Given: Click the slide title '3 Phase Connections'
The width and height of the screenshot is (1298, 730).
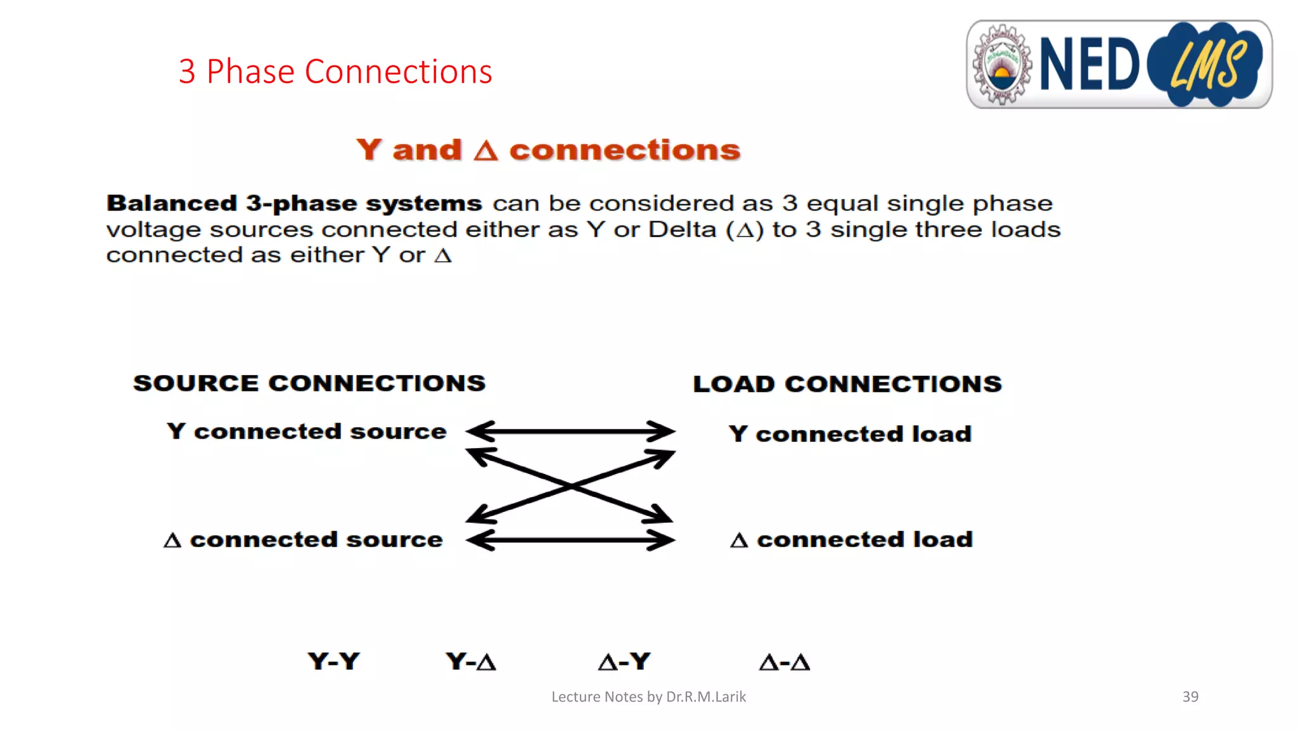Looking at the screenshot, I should coord(335,72).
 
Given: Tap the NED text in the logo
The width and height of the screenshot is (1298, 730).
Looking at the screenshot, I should coord(1089,65).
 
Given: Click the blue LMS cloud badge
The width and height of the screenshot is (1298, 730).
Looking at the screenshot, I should coord(1205,65).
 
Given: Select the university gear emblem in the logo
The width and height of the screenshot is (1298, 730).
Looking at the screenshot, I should coord(1002,65).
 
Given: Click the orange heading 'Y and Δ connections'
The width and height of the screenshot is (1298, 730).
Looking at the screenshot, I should coord(548,150).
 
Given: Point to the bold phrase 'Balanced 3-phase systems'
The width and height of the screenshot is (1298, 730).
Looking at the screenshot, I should coord(294,203).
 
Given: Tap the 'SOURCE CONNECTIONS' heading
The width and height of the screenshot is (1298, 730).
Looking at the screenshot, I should coord(309,383).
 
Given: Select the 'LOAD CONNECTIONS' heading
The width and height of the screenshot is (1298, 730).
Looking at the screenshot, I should coord(847,384).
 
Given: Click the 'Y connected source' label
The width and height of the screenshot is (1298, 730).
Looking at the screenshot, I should coord(307,432).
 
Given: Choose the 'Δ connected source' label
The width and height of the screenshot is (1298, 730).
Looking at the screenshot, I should coord(304,540).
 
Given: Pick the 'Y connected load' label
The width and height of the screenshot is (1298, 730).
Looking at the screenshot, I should coord(850,434).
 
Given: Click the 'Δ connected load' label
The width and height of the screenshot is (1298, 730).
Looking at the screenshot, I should coord(851,540).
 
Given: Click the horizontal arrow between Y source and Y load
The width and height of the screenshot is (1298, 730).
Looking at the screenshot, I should coord(570,432).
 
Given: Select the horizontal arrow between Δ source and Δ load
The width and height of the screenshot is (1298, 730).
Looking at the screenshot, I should coord(570,541).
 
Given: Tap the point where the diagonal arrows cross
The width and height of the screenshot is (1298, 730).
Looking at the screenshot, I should coord(571,486).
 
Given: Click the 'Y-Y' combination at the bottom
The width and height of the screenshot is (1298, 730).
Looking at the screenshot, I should coord(334,662).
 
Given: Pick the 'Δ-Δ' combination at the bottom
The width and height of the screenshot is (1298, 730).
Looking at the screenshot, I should coord(785,662).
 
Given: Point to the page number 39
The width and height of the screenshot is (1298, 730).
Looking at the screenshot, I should coord(1190,697).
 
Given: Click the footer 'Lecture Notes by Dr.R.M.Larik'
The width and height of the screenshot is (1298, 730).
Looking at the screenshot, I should coord(648,697).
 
